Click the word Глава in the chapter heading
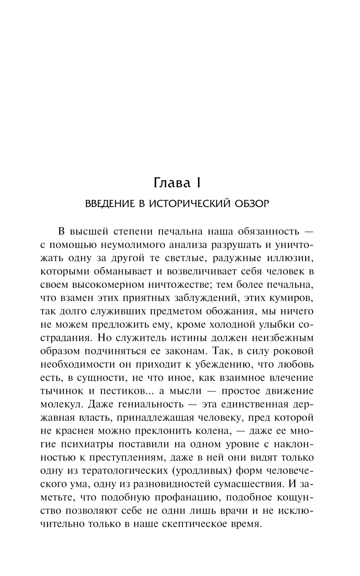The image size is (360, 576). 171,183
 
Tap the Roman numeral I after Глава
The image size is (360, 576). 198,183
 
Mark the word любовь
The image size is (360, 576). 296,364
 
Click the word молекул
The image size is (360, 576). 62,404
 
